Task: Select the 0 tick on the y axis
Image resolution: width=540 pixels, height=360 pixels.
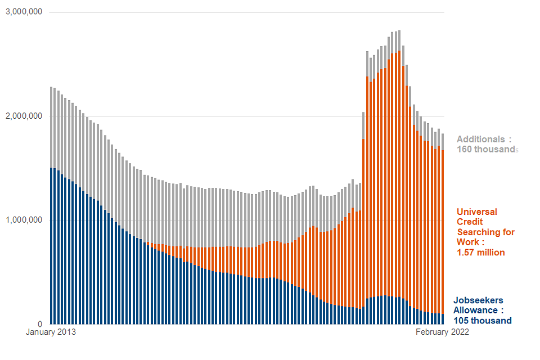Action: coord(40,324)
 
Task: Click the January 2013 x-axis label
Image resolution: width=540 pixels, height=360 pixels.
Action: coord(51,332)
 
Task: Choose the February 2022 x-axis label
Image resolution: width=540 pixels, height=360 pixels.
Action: coord(442,332)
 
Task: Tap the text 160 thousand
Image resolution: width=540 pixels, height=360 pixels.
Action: coord(486,150)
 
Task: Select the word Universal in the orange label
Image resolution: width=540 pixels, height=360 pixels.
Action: coord(477,211)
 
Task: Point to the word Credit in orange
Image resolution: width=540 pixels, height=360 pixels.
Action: coord(470,222)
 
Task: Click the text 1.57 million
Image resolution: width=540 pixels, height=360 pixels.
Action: coord(480,253)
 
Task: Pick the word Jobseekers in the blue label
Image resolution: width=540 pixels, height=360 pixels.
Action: coord(478,300)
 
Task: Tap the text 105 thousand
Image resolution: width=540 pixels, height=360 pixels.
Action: coord(482,321)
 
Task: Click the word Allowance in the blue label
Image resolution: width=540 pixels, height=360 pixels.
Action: coord(475,310)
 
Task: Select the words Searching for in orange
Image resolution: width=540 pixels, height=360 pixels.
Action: coord(485,232)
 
